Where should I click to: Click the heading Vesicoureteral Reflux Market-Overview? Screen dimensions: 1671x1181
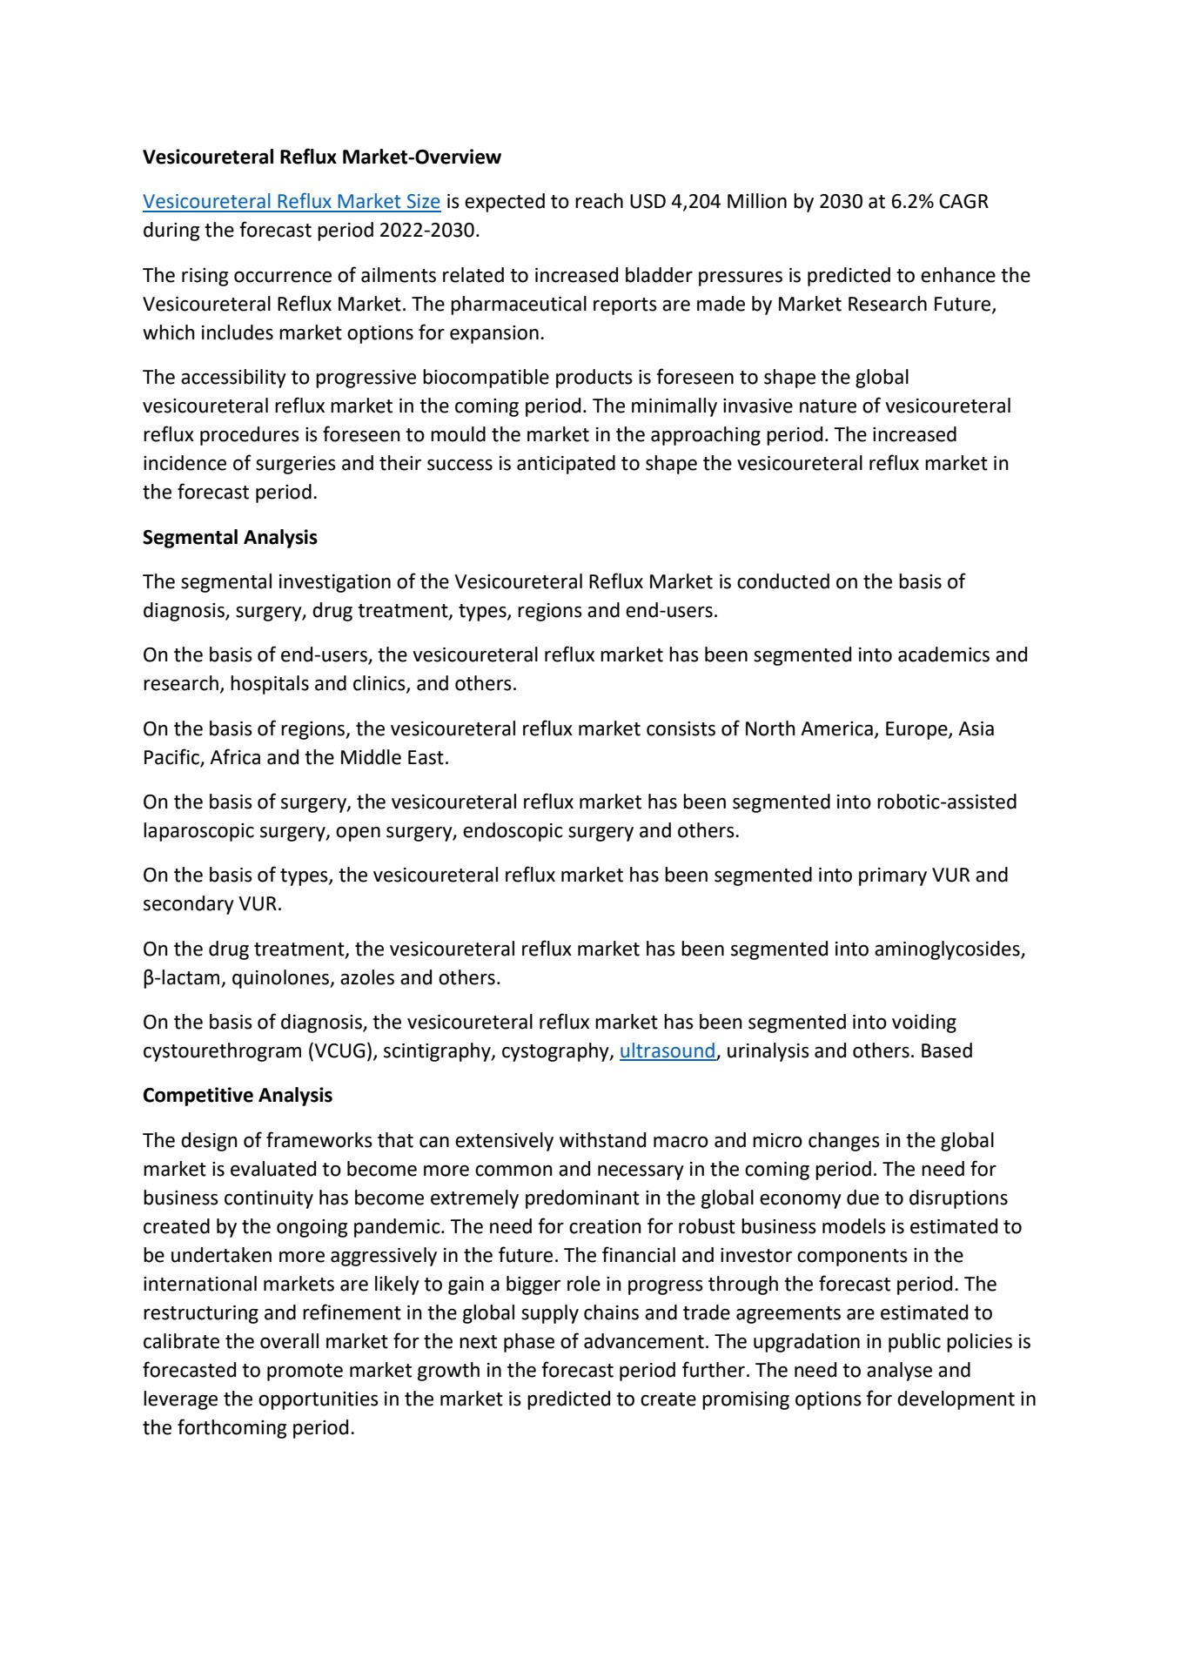[322, 158]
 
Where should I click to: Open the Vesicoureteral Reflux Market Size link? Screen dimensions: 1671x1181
[292, 202]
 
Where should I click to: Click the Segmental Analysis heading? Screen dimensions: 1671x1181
[230, 538]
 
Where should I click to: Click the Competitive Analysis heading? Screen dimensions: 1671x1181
[238, 1096]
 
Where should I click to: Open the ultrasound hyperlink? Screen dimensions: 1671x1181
[667, 1051]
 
